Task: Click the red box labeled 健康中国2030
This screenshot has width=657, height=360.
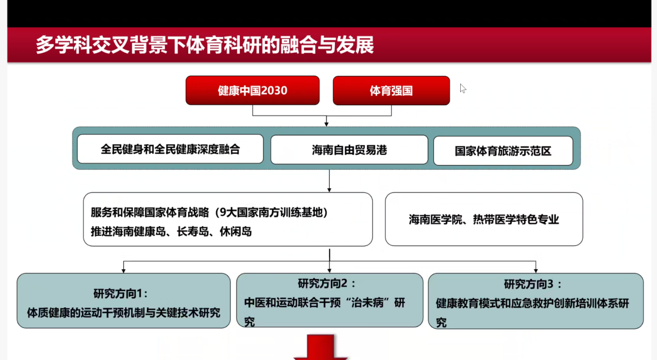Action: [253, 90]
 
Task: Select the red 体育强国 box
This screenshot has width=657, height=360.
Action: [391, 91]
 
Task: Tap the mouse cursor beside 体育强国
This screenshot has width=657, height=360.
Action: [463, 88]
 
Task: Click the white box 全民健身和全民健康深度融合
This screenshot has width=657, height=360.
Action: [170, 149]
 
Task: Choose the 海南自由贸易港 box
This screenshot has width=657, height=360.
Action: [349, 150]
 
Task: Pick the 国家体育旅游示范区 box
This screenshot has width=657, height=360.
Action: [503, 150]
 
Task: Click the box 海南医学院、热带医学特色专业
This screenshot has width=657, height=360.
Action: [484, 219]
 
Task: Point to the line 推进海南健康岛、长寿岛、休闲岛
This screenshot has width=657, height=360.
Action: [172, 232]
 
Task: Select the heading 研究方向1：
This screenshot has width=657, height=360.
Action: [120, 293]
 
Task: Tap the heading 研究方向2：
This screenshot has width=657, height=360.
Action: [327, 284]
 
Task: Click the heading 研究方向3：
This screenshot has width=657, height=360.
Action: [533, 284]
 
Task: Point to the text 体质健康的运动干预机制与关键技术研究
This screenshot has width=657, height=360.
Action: [124, 313]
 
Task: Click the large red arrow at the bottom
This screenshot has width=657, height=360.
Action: [320, 348]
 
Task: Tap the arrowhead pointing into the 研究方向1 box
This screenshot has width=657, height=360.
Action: [124, 270]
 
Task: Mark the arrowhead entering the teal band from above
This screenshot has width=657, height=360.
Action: [326, 124]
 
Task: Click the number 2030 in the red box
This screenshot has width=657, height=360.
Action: [274, 90]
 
